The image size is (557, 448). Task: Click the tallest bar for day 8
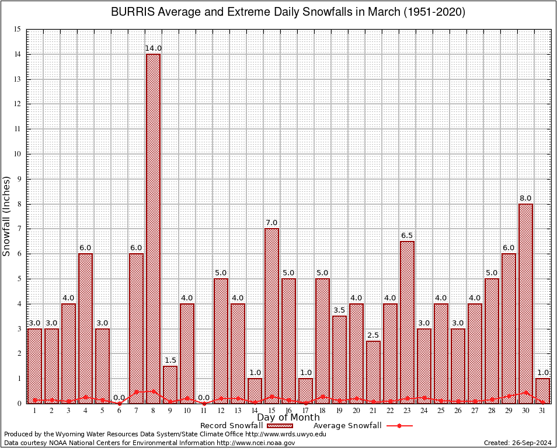click(x=153, y=228)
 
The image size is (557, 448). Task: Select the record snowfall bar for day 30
click(x=525, y=303)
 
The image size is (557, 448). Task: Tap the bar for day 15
click(x=271, y=315)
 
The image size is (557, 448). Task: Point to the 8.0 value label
click(x=525, y=198)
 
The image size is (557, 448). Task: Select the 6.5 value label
click(x=407, y=236)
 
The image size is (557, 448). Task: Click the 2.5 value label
click(x=373, y=335)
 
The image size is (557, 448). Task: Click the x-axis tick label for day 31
click(x=542, y=411)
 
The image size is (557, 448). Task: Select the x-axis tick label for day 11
click(x=204, y=411)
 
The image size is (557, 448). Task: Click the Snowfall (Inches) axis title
click(x=7, y=216)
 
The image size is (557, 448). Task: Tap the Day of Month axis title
click(x=288, y=418)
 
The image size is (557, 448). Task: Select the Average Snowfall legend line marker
click(x=399, y=426)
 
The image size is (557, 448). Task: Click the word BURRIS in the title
click(x=130, y=12)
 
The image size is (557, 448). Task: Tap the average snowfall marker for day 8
click(x=153, y=391)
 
